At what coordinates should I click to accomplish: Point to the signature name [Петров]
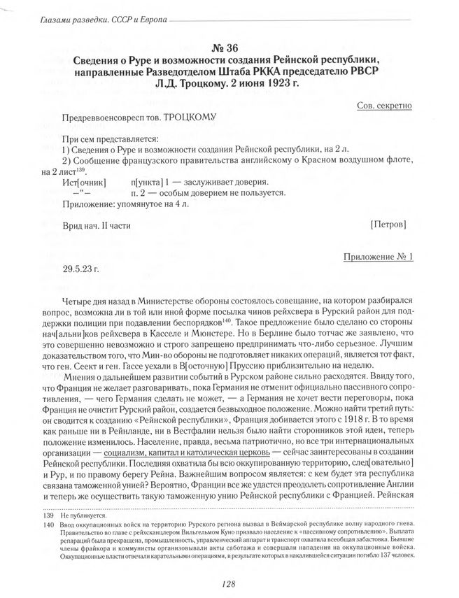(x=390, y=226)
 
